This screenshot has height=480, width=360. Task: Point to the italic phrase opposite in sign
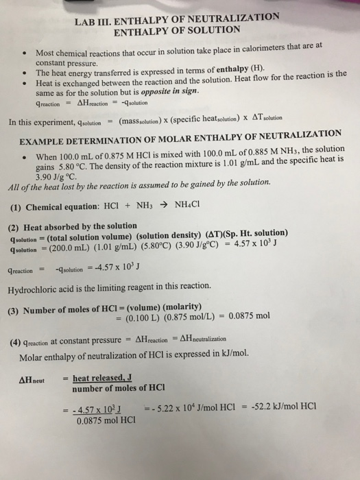pyautogui.click(x=168, y=91)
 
